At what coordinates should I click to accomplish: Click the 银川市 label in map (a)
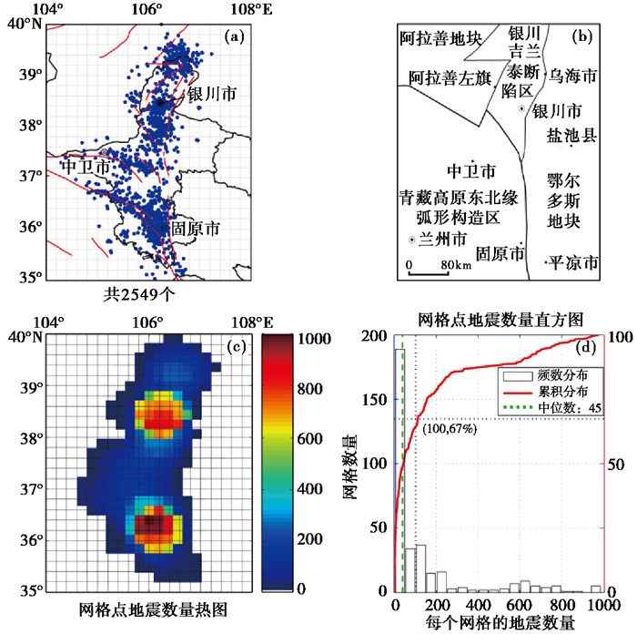(212, 95)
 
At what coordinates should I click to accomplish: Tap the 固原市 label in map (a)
(196, 229)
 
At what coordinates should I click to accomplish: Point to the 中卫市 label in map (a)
(86, 167)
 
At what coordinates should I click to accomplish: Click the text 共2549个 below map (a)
(139, 294)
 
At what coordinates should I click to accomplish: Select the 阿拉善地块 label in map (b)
(440, 38)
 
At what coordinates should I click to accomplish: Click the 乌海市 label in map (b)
(572, 76)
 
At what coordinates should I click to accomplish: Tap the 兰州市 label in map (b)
(442, 239)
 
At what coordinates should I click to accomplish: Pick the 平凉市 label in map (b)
(572, 262)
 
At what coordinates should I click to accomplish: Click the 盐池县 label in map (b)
(571, 135)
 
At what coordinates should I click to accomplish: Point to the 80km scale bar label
(457, 265)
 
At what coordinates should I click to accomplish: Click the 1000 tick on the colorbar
(315, 338)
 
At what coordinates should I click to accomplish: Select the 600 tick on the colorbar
(311, 439)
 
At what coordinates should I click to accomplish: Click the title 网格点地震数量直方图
(500, 320)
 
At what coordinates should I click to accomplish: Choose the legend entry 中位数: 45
(570, 407)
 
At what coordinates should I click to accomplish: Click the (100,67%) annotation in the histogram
(450, 429)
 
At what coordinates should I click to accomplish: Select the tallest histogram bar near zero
(399, 471)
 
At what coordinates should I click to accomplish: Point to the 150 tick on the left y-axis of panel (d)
(375, 399)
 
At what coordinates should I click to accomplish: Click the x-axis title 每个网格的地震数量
(500, 622)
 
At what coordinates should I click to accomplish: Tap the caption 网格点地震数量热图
(153, 609)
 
